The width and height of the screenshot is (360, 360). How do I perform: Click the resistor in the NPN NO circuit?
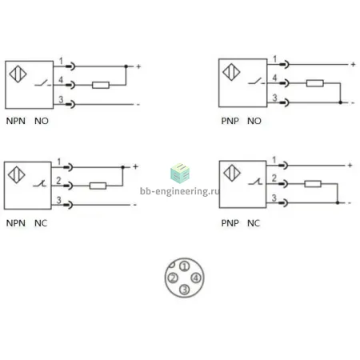pyautogui.click(x=101, y=85)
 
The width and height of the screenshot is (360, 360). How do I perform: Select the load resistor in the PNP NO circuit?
pyautogui.click(x=315, y=83)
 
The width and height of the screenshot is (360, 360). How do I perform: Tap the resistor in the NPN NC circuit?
pyautogui.click(x=98, y=186)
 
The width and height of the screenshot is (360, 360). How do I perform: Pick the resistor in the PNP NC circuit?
pyautogui.click(x=313, y=184)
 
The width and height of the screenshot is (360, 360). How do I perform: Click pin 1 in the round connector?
pyautogui.click(x=184, y=266)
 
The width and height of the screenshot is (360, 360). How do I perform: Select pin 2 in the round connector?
pyautogui.click(x=173, y=278)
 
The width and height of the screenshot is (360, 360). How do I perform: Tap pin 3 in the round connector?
pyautogui.click(x=184, y=290)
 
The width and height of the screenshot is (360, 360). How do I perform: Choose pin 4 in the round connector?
pyautogui.click(x=196, y=278)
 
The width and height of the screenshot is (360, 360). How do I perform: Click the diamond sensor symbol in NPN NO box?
pyautogui.click(x=18, y=74)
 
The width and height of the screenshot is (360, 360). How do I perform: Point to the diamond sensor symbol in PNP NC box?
pyautogui.click(x=232, y=173)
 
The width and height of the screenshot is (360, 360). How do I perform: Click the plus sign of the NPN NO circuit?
pyautogui.click(x=138, y=66)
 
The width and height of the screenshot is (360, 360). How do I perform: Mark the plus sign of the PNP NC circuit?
pyautogui.click(x=350, y=166)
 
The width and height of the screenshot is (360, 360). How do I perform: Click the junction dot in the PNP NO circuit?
pyautogui.click(x=340, y=102)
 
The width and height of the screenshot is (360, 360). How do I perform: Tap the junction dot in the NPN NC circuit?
pyautogui.click(x=123, y=167)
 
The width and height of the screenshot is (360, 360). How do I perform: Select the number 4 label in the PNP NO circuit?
pyautogui.click(x=274, y=78)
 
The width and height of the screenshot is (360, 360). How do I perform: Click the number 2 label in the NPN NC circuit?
pyautogui.click(x=58, y=181)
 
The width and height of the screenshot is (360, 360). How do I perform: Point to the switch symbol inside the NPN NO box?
pyautogui.click(x=42, y=83)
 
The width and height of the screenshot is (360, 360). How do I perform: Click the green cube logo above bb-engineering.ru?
pyautogui.click(x=180, y=174)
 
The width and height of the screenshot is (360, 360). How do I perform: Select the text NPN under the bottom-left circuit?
pyautogui.click(x=16, y=223)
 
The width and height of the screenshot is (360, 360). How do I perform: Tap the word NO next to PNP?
pyautogui.click(x=254, y=121)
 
